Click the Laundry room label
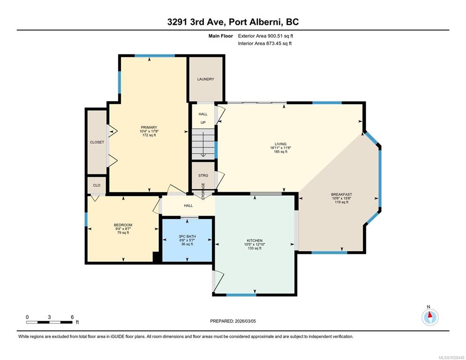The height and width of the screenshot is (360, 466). (x=206, y=79)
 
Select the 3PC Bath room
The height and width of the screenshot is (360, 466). (x=187, y=240)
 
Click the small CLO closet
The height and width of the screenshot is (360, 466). (x=97, y=185)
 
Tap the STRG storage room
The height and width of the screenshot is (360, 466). (x=203, y=175)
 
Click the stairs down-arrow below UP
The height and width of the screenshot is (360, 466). (x=203, y=144)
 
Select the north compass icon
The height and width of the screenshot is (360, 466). (x=430, y=317)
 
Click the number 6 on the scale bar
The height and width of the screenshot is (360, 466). (x=72, y=317)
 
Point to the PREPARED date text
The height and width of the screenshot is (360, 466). (x=233, y=321)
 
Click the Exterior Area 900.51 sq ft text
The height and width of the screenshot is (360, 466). (x=265, y=36)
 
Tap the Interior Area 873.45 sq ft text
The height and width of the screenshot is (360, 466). (x=265, y=44)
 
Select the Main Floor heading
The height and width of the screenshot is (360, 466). (x=220, y=36)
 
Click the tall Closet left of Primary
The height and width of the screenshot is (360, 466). (x=97, y=142)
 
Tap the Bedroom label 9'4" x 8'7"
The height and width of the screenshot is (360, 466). (x=123, y=229)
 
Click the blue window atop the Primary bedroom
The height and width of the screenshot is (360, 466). (x=155, y=56)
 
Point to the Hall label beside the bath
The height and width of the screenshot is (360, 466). (x=188, y=205)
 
